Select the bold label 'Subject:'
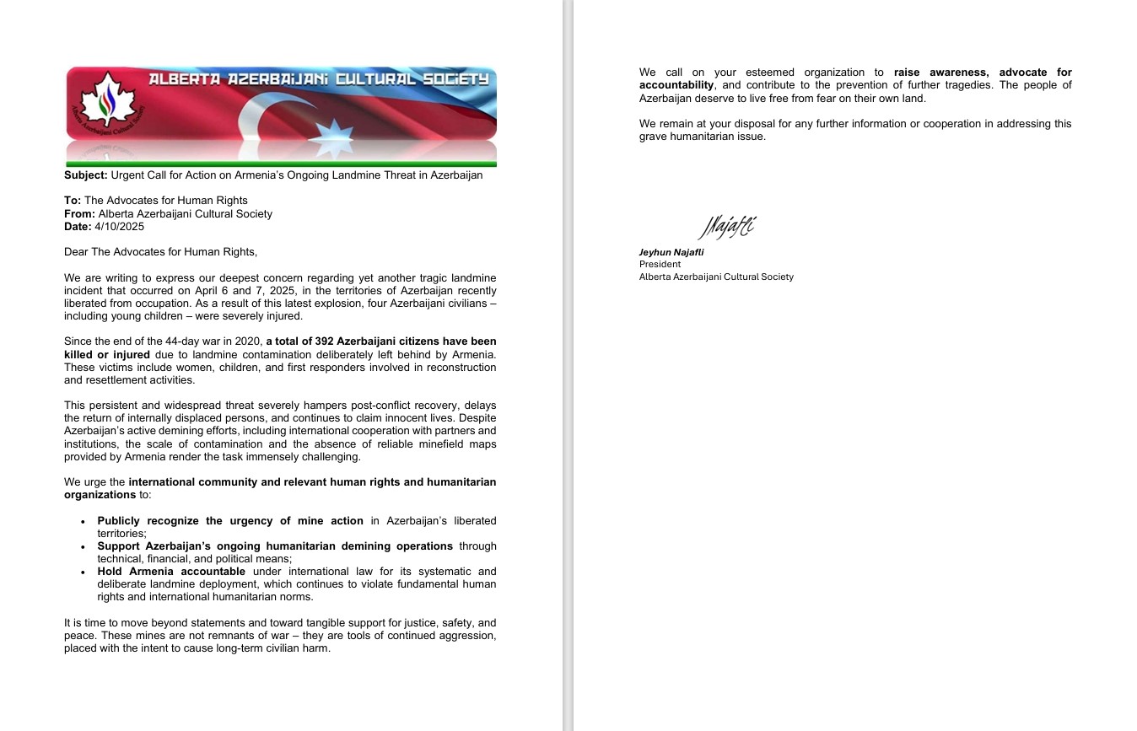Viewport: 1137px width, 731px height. (86, 175)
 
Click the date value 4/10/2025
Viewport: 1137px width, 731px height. (120, 227)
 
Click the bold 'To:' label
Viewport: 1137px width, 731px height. (73, 201)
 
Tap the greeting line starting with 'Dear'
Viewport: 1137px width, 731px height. (160, 252)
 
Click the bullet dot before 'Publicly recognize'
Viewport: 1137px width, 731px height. (83, 521)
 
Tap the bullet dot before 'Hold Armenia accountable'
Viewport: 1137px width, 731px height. (83, 572)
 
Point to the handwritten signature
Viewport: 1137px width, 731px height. (726, 227)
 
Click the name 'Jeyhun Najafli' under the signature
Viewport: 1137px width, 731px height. (671, 252)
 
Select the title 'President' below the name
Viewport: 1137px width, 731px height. (660, 264)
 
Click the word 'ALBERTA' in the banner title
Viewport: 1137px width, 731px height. (182, 79)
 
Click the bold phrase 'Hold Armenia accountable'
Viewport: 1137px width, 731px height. (171, 572)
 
